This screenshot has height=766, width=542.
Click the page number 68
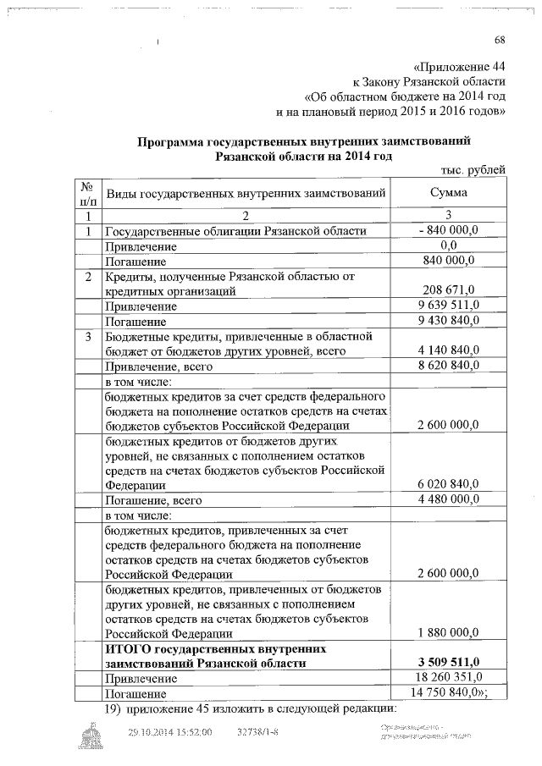pyautogui.click(x=500, y=41)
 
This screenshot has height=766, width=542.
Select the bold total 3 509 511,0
pyautogui.click(x=449, y=662)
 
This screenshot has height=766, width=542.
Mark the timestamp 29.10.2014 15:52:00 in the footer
pyautogui.click(x=169, y=732)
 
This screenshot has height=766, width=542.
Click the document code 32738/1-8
pyautogui.click(x=258, y=732)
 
